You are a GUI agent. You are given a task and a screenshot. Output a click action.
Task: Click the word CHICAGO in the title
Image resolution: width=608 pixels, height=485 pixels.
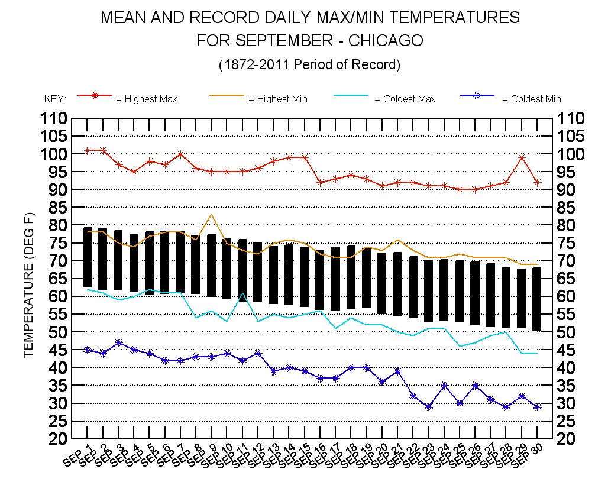pyautogui.click(x=386, y=41)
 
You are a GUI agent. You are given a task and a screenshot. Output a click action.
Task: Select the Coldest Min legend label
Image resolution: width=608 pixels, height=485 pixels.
pyautogui.click(x=531, y=99)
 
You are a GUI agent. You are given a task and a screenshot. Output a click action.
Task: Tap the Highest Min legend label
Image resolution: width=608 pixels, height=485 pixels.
pyautogui.click(x=277, y=99)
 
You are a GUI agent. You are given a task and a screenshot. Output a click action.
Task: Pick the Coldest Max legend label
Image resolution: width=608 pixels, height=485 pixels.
pyautogui.click(x=405, y=99)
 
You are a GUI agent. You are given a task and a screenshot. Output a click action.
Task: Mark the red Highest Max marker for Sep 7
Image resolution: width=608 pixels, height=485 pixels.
pyautogui.click(x=181, y=154)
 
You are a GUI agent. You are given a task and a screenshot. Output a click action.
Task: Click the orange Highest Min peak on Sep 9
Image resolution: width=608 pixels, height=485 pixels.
pyautogui.click(x=212, y=215)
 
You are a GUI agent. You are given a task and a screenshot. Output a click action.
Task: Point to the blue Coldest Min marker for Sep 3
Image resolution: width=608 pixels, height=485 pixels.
pyautogui.click(x=119, y=342)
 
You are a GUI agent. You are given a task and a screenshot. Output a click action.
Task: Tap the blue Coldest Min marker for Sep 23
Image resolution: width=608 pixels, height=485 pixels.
pyautogui.click(x=429, y=407)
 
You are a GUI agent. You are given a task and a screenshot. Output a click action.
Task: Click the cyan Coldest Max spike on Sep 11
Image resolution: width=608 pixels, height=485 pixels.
pyautogui.click(x=242, y=293)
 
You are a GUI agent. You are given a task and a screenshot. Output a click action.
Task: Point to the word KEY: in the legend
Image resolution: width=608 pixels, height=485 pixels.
pyautogui.click(x=56, y=99)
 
